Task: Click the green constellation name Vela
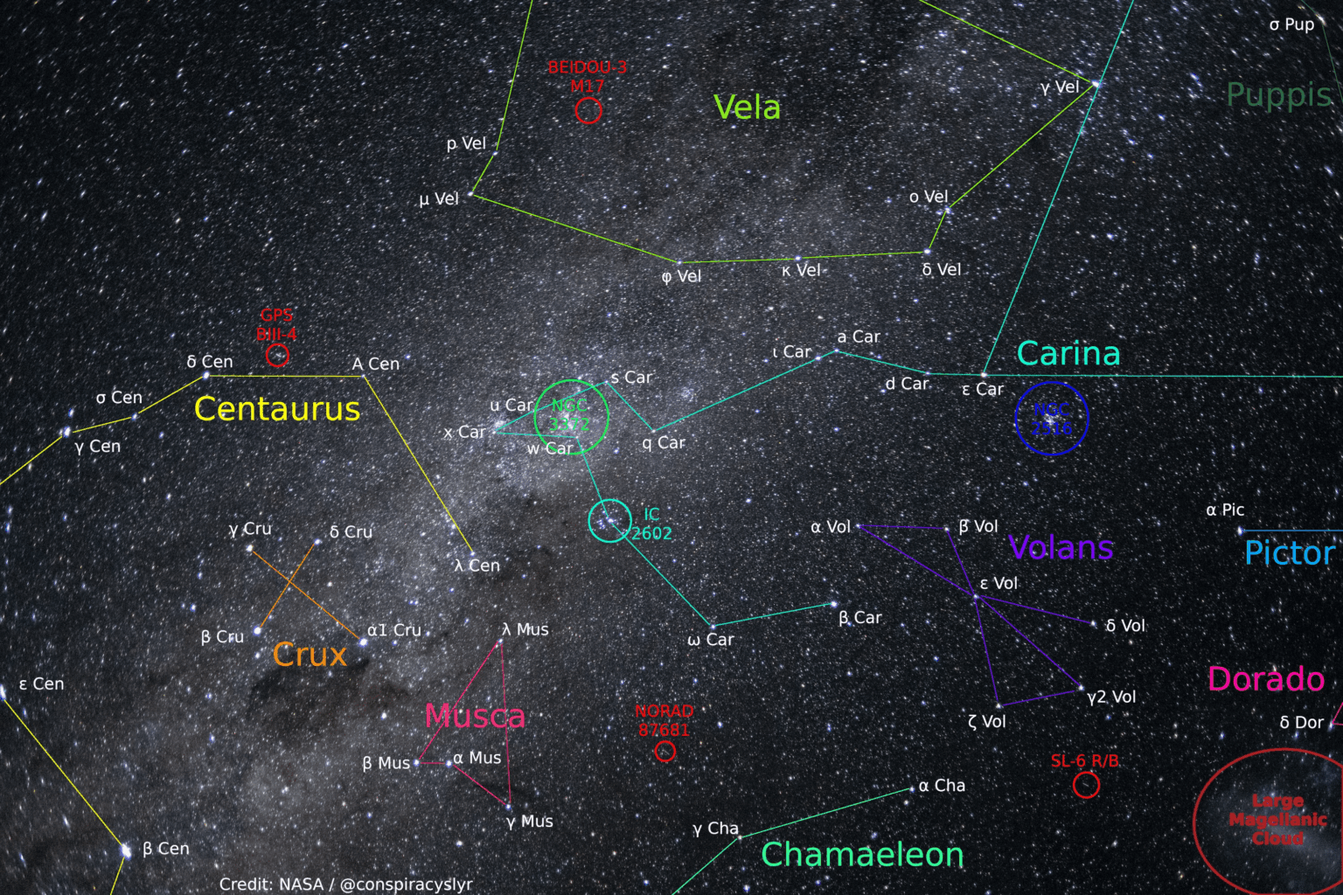(x=747, y=108)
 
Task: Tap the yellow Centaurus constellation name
(x=276, y=409)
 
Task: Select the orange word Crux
(x=310, y=655)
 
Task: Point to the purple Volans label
(x=1061, y=548)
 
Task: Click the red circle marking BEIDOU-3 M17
(x=588, y=110)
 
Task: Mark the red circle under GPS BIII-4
(x=277, y=355)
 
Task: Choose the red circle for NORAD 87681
(x=665, y=751)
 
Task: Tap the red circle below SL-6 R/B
(x=1086, y=785)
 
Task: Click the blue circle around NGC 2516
(x=1052, y=419)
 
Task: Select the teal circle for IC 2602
(x=609, y=521)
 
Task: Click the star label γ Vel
(x=1060, y=87)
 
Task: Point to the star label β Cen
(x=165, y=849)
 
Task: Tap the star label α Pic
(x=1225, y=510)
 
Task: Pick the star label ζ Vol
(x=987, y=722)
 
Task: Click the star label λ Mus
(x=525, y=629)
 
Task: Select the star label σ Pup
(x=1291, y=24)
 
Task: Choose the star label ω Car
(x=711, y=640)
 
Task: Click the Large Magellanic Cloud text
(x=1277, y=819)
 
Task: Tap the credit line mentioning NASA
(x=345, y=884)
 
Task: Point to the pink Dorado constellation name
(x=1265, y=679)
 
